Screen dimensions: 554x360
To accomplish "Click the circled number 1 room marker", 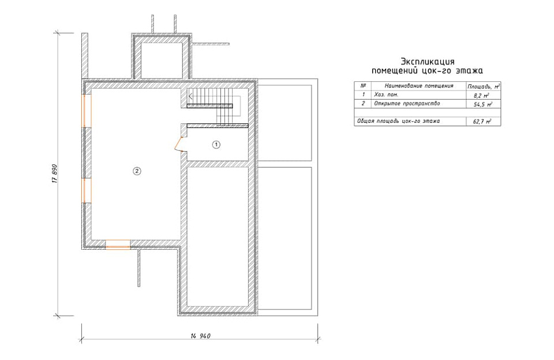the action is [216, 144].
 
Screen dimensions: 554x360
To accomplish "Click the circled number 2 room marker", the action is [137, 171].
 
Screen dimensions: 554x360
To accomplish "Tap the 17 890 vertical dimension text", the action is [55, 174].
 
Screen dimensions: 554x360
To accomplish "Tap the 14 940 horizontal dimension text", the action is [200, 336].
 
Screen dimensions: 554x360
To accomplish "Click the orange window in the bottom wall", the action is [118, 244].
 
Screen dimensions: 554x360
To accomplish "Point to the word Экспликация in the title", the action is [427, 62].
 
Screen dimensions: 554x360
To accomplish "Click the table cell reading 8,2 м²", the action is [481, 95].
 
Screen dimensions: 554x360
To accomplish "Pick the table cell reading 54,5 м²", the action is [482, 104].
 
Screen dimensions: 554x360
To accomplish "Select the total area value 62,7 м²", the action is [482, 122].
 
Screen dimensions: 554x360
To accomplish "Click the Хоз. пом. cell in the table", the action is [386, 95].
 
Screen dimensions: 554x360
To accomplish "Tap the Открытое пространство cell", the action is [407, 104].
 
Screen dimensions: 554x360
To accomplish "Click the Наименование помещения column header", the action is [419, 86].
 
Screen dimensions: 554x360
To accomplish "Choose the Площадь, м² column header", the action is [484, 86].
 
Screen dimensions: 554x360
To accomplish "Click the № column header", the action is [363, 85].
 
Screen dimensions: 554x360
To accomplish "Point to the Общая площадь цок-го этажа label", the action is [398, 121].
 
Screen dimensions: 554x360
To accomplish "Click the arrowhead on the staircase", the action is [190, 96].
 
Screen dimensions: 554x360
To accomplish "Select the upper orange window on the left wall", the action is [87, 111].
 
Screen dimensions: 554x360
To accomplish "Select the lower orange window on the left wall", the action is [87, 190].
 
